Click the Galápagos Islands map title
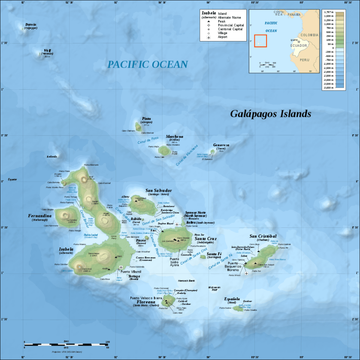[270, 114]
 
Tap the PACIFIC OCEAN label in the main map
[147, 64]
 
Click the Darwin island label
[31, 24]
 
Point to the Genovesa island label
[221, 145]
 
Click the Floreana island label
[146, 302]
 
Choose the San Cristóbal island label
[263, 236]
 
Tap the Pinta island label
[146, 119]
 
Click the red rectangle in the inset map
[260, 40]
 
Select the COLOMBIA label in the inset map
[309, 35]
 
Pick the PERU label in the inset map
[305, 60]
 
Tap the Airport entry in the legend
[223, 37]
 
